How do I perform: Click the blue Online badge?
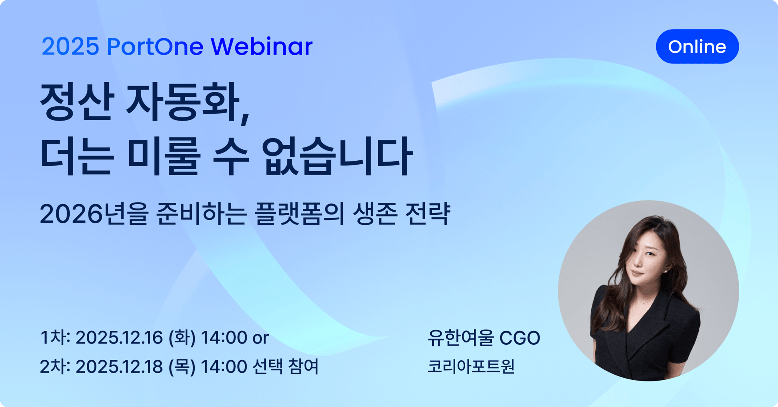[697, 46]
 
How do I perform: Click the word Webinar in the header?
[261, 46]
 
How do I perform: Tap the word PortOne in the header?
[155, 47]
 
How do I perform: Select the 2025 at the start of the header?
[70, 47]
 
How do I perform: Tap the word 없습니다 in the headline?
[336, 156]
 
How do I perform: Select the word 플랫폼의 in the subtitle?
[300, 214]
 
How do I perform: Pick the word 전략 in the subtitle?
[427, 214]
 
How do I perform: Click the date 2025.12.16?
[119, 337]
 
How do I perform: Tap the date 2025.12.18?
[119, 367]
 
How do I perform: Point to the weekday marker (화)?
[182, 337]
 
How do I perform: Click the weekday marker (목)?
[182, 367]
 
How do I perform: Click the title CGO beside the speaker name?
[520, 338]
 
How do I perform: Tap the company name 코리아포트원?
[471, 367]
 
